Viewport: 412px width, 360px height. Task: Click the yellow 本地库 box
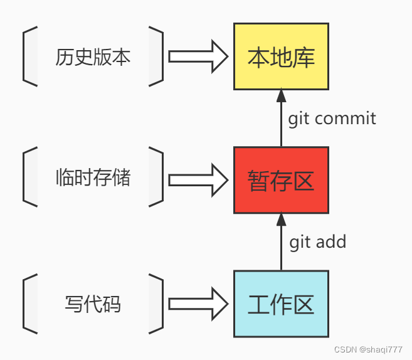[x=281, y=56]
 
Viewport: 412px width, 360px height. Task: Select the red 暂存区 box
[x=281, y=180]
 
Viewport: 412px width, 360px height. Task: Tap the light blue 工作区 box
[x=281, y=304]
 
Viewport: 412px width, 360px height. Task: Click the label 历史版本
[x=93, y=57]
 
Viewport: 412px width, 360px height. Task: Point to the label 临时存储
[x=93, y=178]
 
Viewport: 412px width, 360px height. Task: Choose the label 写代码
[x=93, y=305]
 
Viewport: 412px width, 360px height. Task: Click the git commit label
[x=332, y=118]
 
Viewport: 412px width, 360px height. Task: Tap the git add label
[x=317, y=241]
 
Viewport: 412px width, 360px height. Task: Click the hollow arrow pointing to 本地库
[x=198, y=56]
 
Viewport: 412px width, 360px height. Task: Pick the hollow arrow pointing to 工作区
[x=198, y=304]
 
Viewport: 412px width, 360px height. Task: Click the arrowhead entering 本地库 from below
[x=281, y=96]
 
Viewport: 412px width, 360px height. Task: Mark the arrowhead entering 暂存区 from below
[x=281, y=220]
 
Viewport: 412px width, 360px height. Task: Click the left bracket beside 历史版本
[x=28, y=56]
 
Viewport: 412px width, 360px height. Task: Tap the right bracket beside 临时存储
[x=157, y=178]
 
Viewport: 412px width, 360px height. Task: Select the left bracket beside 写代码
[x=28, y=304]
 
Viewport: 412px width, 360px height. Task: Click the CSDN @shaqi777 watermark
[x=368, y=349]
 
